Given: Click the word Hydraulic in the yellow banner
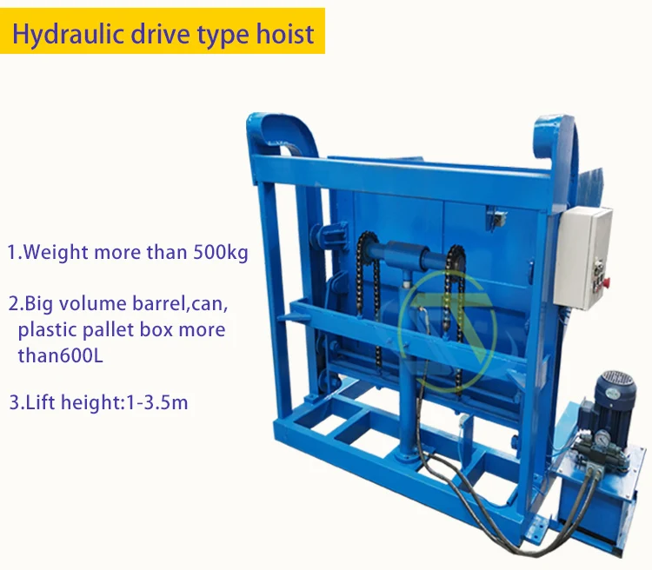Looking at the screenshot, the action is click(x=68, y=33).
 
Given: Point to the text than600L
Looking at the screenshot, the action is click(x=60, y=355).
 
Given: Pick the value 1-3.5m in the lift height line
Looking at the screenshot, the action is click(x=157, y=402).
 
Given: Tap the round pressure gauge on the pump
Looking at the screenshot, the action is click(x=600, y=438).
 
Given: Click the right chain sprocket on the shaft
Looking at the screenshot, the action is click(x=456, y=256).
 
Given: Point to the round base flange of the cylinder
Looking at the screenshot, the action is click(x=406, y=456).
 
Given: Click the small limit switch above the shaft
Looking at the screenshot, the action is click(x=496, y=217).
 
